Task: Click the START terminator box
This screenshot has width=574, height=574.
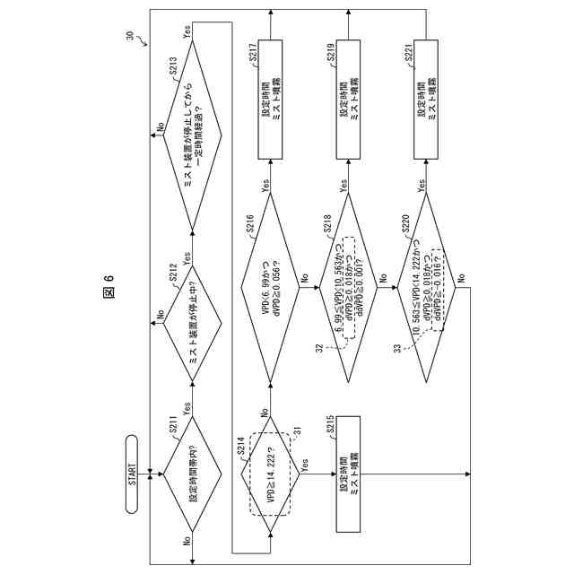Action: [132, 473]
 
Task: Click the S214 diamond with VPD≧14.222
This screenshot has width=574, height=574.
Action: [269, 473]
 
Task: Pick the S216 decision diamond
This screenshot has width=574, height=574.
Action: [269, 285]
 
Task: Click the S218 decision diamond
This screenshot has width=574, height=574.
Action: [347, 285]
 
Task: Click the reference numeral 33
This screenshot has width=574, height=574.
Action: [396, 348]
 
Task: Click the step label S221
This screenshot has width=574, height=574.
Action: [408, 57]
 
